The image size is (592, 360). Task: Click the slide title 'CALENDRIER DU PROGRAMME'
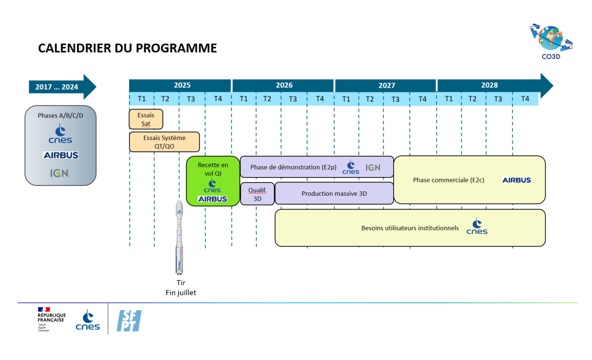[x=127, y=48]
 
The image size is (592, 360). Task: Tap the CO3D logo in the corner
[x=551, y=40]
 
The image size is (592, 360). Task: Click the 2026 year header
[x=284, y=85]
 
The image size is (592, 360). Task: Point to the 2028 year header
[x=489, y=85]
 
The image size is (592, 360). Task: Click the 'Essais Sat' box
[x=146, y=119]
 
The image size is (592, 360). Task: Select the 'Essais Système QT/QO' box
[x=164, y=142]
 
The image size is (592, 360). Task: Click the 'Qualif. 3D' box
[x=257, y=194]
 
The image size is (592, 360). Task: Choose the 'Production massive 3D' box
[x=334, y=194]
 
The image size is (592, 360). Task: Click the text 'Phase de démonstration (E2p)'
[x=293, y=167]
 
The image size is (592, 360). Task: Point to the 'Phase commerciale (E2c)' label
[x=448, y=180]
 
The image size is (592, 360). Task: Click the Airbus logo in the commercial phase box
[x=517, y=180]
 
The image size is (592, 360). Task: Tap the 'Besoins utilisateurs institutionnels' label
[x=410, y=228]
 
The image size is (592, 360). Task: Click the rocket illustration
[x=180, y=237]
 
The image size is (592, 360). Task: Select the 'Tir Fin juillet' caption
[x=181, y=288]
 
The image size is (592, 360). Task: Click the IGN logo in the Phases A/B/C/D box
[x=59, y=174]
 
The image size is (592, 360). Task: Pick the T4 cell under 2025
[x=218, y=99]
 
